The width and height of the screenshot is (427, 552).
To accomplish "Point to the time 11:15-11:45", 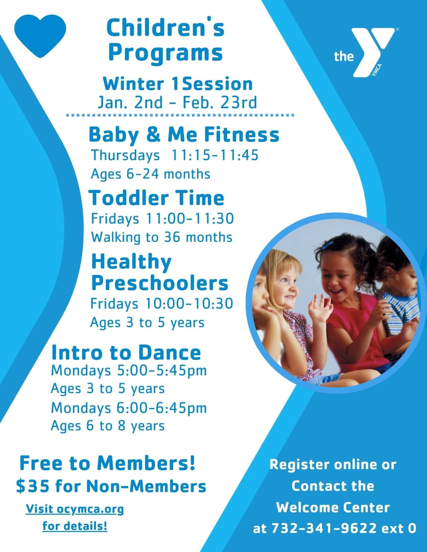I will (x=215, y=155).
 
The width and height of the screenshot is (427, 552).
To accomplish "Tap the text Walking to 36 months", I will (x=162, y=237).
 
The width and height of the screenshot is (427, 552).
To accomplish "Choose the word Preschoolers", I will (x=160, y=283).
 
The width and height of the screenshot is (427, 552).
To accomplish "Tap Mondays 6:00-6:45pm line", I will (x=129, y=408).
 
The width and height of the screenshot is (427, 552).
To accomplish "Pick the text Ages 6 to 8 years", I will (x=108, y=426).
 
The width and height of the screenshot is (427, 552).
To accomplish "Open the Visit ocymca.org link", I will (x=75, y=509).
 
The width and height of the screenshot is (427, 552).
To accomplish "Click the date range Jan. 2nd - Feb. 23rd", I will (x=177, y=103).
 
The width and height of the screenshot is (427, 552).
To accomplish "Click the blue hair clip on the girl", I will (x=329, y=245).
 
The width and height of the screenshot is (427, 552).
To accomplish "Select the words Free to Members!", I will (x=107, y=463).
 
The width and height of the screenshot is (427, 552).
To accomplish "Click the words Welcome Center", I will (x=333, y=507).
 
